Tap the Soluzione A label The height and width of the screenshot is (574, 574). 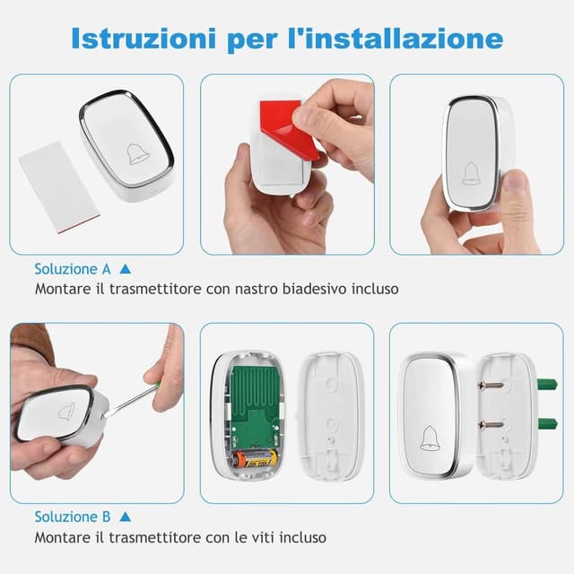[73, 268]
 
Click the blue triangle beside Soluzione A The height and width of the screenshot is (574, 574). [126, 268]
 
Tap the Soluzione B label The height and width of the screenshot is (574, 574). [73, 517]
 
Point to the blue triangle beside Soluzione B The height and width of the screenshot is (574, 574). [126, 517]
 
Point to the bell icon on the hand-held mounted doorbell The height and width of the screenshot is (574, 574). [471, 172]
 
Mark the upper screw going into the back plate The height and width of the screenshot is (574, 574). [495, 387]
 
